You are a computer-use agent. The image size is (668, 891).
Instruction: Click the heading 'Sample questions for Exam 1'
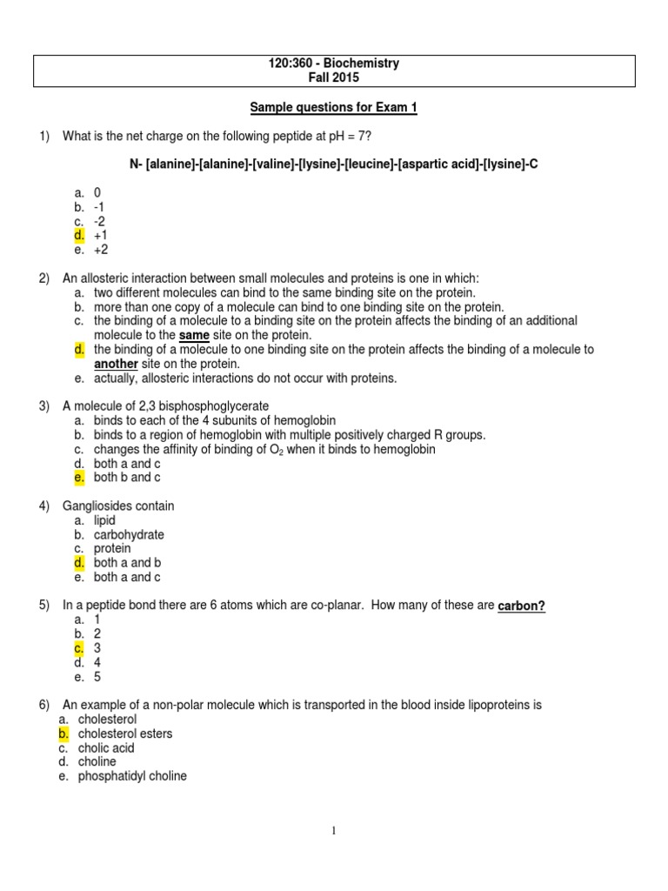[334, 107]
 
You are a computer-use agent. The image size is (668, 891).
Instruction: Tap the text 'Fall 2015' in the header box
[334, 78]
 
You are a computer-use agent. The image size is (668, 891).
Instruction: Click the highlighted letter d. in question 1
[79, 235]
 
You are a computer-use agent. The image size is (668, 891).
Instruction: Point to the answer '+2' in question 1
[101, 249]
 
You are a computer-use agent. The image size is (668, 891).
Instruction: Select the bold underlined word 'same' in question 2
[194, 335]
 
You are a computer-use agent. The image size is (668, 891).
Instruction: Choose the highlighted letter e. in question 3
[79, 478]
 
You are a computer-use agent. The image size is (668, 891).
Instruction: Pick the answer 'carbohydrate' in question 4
[129, 534]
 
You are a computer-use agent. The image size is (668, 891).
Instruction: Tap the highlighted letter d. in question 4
[79, 563]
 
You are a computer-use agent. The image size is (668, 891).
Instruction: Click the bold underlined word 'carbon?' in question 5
[521, 606]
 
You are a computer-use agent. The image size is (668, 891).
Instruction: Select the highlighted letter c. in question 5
[79, 648]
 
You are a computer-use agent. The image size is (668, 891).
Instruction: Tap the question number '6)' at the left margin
[44, 705]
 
